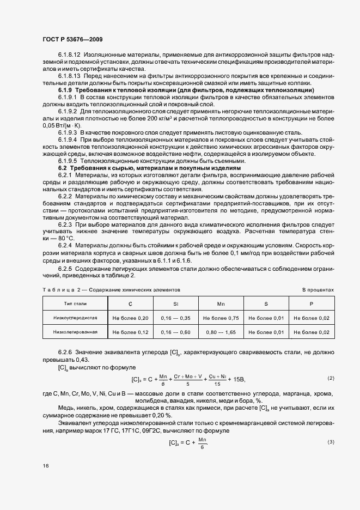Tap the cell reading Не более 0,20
(x=130, y=317)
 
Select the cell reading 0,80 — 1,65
(x=221, y=332)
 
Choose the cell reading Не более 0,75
(x=221, y=317)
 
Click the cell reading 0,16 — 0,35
(x=175, y=317)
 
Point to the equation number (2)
(x=331, y=378)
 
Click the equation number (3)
(x=331, y=441)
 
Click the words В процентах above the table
(x=318, y=290)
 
